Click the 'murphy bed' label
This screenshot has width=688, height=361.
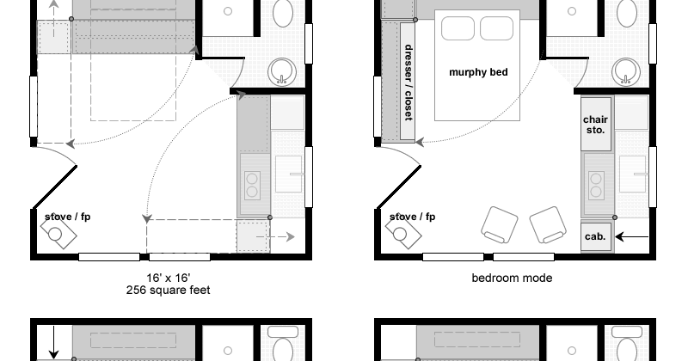tap(478, 72)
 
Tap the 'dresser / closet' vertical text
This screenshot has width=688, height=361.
tap(408, 82)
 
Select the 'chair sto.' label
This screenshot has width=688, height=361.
tap(595, 125)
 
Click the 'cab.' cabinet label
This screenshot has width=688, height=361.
tap(595, 236)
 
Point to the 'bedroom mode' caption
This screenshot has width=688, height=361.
tap(512, 278)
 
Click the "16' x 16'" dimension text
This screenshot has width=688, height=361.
tap(168, 278)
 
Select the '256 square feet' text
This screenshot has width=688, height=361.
tap(168, 290)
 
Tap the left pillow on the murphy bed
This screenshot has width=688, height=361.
tap(458, 28)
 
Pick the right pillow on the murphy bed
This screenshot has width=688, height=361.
tap(497, 28)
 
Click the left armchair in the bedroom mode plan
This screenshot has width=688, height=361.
tap(500, 224)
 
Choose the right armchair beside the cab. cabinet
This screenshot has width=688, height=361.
tap(548, 224)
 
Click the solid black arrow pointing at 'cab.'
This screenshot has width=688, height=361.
tap(632, 237)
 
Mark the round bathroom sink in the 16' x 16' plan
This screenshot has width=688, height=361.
tap(282, 71)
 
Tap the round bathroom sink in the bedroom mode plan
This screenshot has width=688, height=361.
tap(626, 71)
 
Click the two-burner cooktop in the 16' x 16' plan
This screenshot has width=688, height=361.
tap(252, 185)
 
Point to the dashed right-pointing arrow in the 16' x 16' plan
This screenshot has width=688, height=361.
tap(275, 237)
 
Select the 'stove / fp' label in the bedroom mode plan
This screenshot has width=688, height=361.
tap(412, 217)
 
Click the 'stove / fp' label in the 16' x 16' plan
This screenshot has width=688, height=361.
tap(68, 217)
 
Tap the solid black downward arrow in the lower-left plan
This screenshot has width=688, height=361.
tap(53, 342)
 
